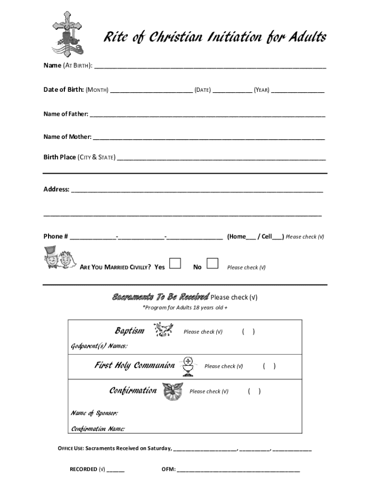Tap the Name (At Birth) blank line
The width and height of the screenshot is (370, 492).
pyautogui.click(x=210, y=66)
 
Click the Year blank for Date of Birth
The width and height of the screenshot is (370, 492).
pyautogui.click(x=297, y=90)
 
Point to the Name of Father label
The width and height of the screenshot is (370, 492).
pyautogui.click(x=66, y=114)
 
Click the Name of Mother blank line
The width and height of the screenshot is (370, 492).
pyautogui.click(x=209, y=137)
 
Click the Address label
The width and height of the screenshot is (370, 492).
pyautogui.click(x=56, y=189)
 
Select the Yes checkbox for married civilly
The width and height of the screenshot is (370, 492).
pyautogui.click(x=175, y=263)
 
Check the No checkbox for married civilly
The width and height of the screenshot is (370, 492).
pyautogui.click(x=212, y=263)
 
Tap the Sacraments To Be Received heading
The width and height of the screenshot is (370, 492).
pyautogui.click(x=160, y=296)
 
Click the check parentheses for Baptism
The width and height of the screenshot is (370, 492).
pyautogui.click(x=248, y=332)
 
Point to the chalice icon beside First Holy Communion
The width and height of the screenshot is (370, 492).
pyautogui.click(x=188, y=366)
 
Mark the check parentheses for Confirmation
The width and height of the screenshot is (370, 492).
pyautogui.click(x=255, y=391)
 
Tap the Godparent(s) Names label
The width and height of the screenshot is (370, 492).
pyautogui.click(x=99, y=346)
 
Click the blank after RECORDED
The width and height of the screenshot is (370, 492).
pyautogui.click(x=115, y=470)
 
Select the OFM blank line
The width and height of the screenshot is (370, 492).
pyautogui.click(x=238, y=470)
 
